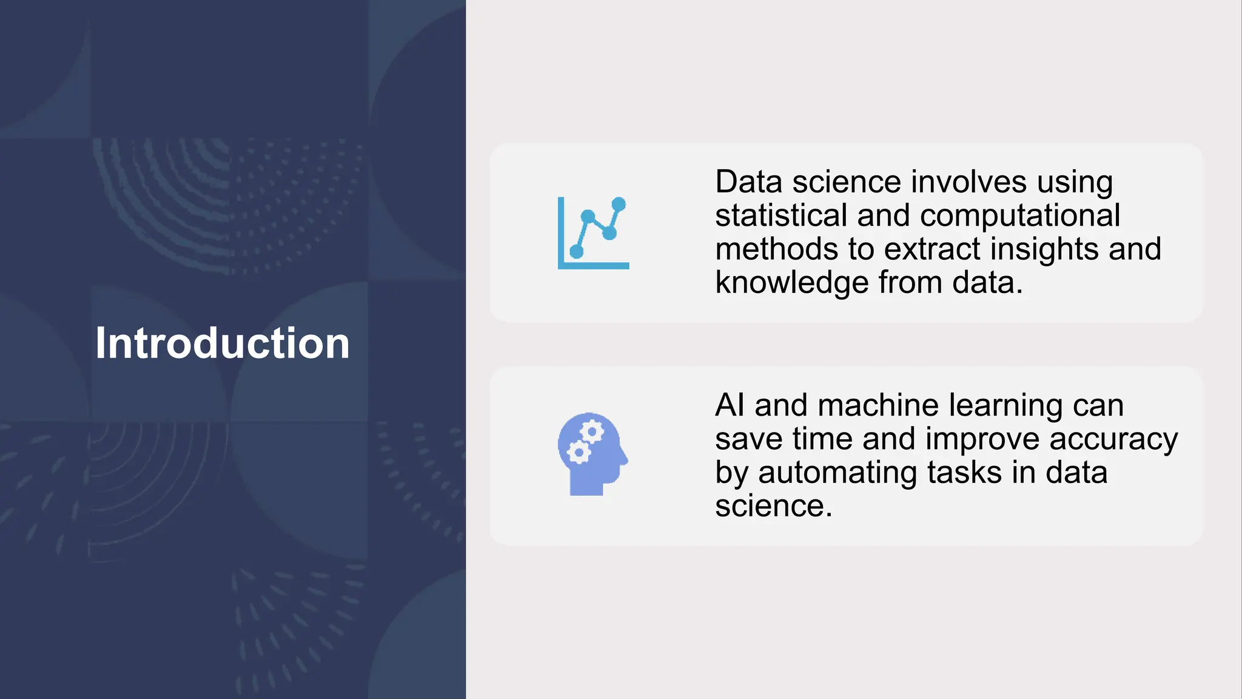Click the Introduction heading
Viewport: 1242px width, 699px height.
[223, 343]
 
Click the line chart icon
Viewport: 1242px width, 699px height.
[593, 233]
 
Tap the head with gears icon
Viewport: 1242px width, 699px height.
[592, 454]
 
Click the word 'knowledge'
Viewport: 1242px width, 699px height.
[791, 283]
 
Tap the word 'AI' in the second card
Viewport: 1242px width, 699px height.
[730, 405]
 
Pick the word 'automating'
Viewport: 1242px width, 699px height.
[837, 473]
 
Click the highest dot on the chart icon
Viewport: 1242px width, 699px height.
[619, 204]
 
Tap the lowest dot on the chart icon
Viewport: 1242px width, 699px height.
[577, 252]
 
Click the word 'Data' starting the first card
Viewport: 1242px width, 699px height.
[749, 182]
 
